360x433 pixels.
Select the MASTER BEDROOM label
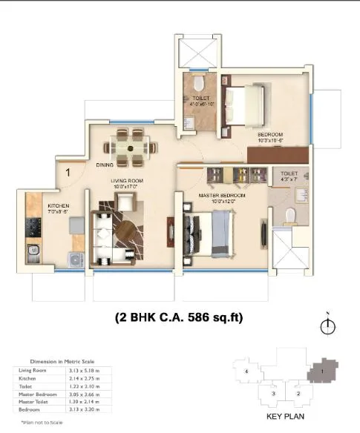(x=218, y=195)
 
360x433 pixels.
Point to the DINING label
(x=104, y=165)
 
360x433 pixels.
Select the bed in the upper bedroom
(x=249, y=97)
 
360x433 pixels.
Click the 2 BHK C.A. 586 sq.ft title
(x=179, y=317)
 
